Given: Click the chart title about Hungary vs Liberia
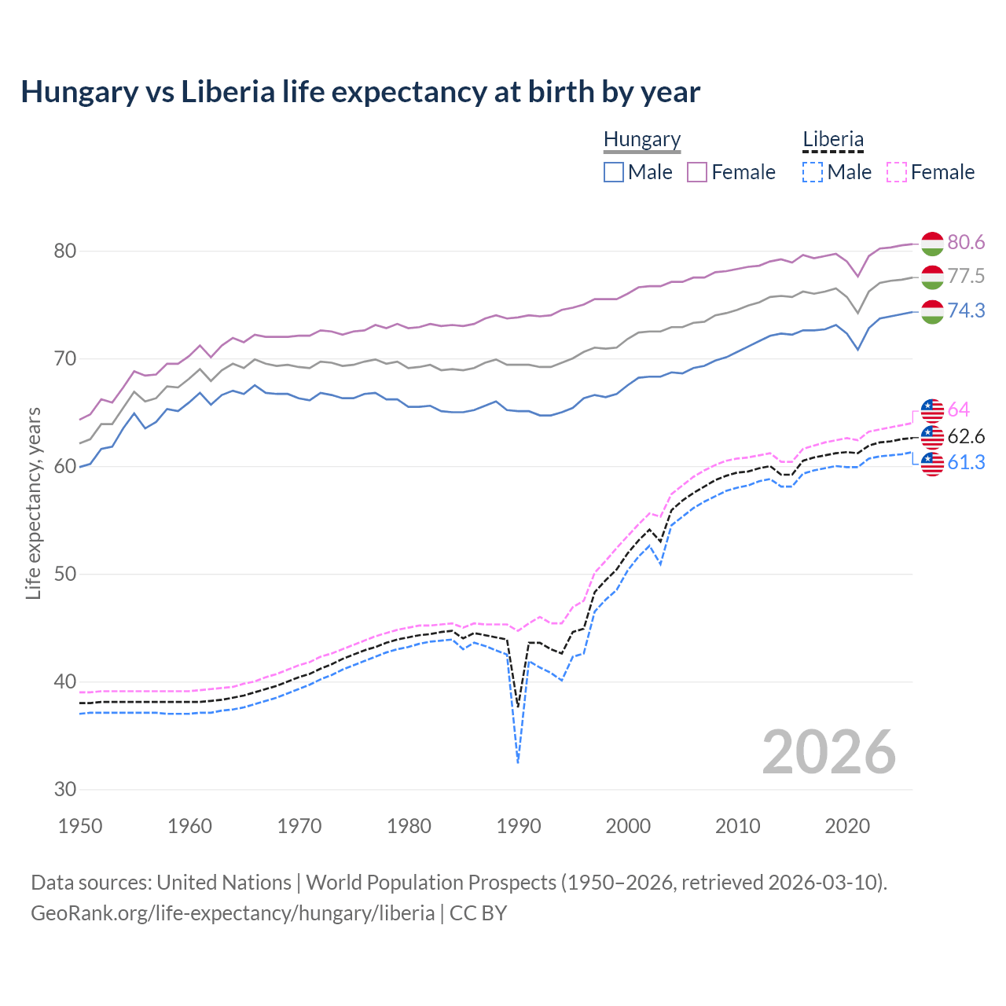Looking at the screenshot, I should pos(360,92).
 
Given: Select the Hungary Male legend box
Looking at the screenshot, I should pos(614,172).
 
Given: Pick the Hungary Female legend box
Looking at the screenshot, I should pos(697,172).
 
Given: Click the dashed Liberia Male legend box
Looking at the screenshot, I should pos(813,172).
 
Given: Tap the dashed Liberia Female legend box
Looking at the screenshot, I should pos(896,172).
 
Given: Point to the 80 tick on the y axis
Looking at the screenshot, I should pos(64,251).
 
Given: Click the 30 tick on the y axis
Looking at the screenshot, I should pos(64,789).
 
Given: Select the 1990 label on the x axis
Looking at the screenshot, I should pos(519,826).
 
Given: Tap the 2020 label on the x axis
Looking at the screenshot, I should pos(847,826).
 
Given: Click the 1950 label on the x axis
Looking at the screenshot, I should pos(80,826).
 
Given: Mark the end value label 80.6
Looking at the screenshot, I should pos(966,242).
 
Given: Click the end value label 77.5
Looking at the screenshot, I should pos(966,277).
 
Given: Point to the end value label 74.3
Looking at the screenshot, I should pos(966,311).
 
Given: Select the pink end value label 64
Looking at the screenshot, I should pos(959,409).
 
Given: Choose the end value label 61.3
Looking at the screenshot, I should pos(966,463).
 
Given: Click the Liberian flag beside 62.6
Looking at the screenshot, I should pos(932,436).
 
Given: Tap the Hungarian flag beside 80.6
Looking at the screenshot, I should pos(932,243).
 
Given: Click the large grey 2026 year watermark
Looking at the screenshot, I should pos(828,752).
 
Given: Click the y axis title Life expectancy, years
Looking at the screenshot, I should pos(34,503).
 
